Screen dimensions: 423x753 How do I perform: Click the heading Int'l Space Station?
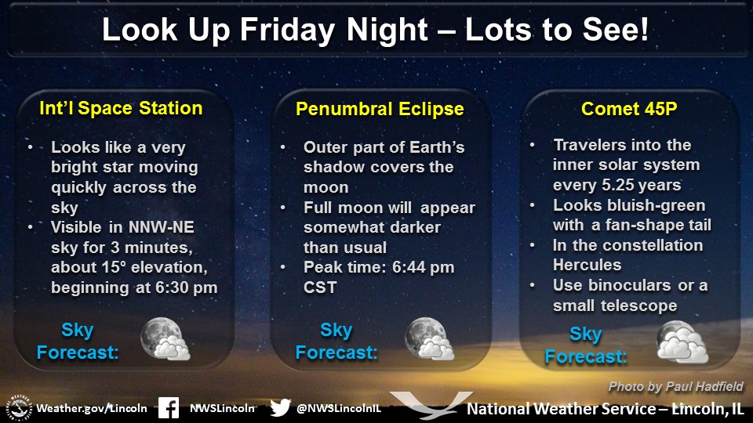pyautogui.click(x=121, y=108)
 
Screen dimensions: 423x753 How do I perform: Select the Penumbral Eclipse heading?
pyautogui.click(x=379, y=109)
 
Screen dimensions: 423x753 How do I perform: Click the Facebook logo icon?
pyautogui.click(x=168, y=407)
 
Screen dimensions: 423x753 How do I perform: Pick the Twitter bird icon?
pyautogui.click(x=279, y=407)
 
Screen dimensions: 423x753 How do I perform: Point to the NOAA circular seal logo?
pyautogui.click(x=20, y=407)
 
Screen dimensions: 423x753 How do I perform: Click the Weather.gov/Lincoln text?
pyautogui.click(x=92, y=408)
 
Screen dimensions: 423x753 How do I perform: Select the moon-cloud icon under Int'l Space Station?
pyautogui.click(x=165, y=339)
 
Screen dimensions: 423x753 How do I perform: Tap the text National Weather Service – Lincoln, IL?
pyautogui.click(x=605, y=409)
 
